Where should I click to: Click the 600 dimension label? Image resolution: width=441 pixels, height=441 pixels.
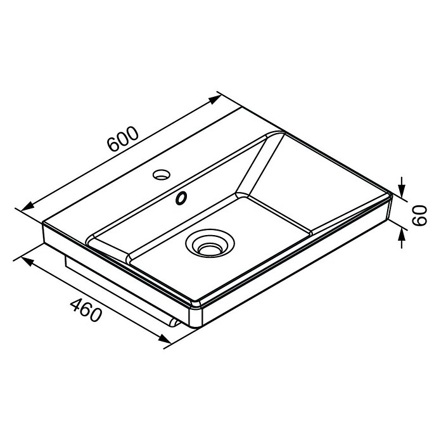coord(123,139)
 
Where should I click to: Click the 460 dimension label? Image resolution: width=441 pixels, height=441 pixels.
coord(86,310)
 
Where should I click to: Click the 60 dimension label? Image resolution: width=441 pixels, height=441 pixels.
coord(419,215)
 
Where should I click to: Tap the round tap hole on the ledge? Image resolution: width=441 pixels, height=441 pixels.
coord(162,174)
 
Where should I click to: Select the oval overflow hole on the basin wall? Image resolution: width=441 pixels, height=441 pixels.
coord(181,198)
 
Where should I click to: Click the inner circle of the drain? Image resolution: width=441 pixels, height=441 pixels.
coord(210,248)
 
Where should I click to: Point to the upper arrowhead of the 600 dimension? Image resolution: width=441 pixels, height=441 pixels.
coord(215,99)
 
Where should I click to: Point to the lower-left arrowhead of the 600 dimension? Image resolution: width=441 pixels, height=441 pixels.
coord(28,207)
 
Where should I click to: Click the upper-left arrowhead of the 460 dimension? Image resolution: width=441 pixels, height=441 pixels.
coord(27,260)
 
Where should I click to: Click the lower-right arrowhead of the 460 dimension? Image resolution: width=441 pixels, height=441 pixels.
coord(165,338)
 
